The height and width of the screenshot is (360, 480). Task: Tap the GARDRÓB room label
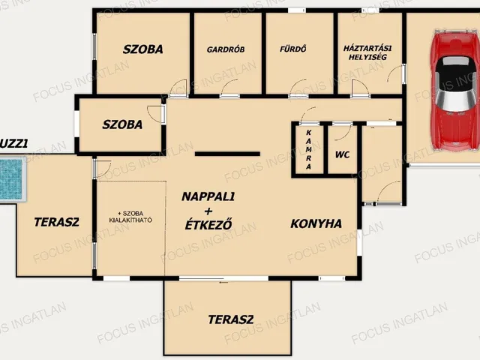[226, 50]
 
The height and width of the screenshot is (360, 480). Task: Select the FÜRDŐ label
[293, 50]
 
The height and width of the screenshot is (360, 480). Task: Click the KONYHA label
[316, 223]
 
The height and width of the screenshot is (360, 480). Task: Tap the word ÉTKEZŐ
[208, 223]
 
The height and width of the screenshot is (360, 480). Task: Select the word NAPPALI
[208, 196]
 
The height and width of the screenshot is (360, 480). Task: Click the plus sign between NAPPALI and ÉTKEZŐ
[208, 210]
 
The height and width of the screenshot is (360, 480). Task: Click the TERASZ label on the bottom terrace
[231, 319]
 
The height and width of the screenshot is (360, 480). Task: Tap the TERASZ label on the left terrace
[57, 221]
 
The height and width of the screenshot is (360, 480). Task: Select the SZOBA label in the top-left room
[143, 49]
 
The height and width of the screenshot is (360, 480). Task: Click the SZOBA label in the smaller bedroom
[122, 124]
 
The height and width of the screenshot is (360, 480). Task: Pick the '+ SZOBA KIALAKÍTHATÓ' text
[131, 216]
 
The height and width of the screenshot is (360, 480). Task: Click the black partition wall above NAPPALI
[227, 153]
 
